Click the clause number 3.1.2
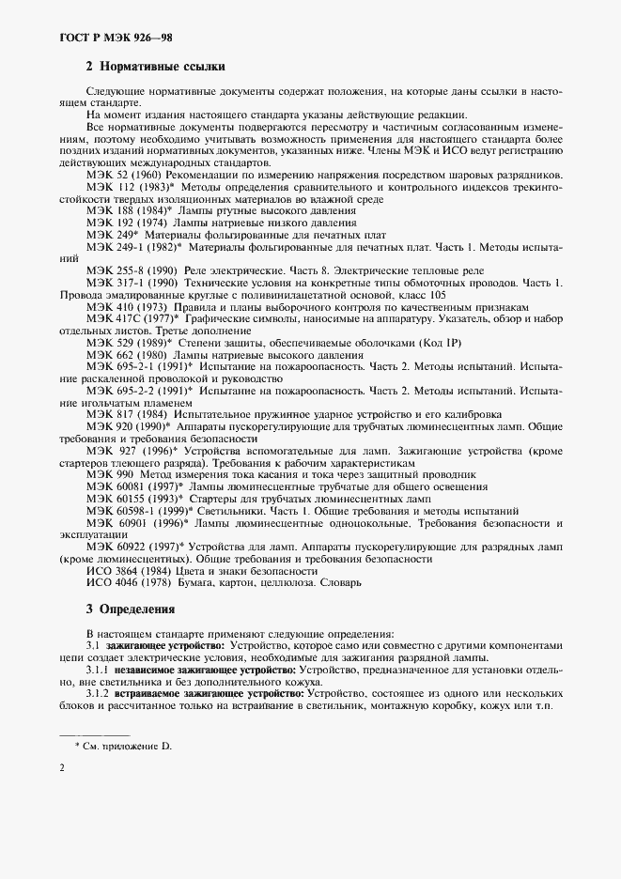[x=97, y=692]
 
